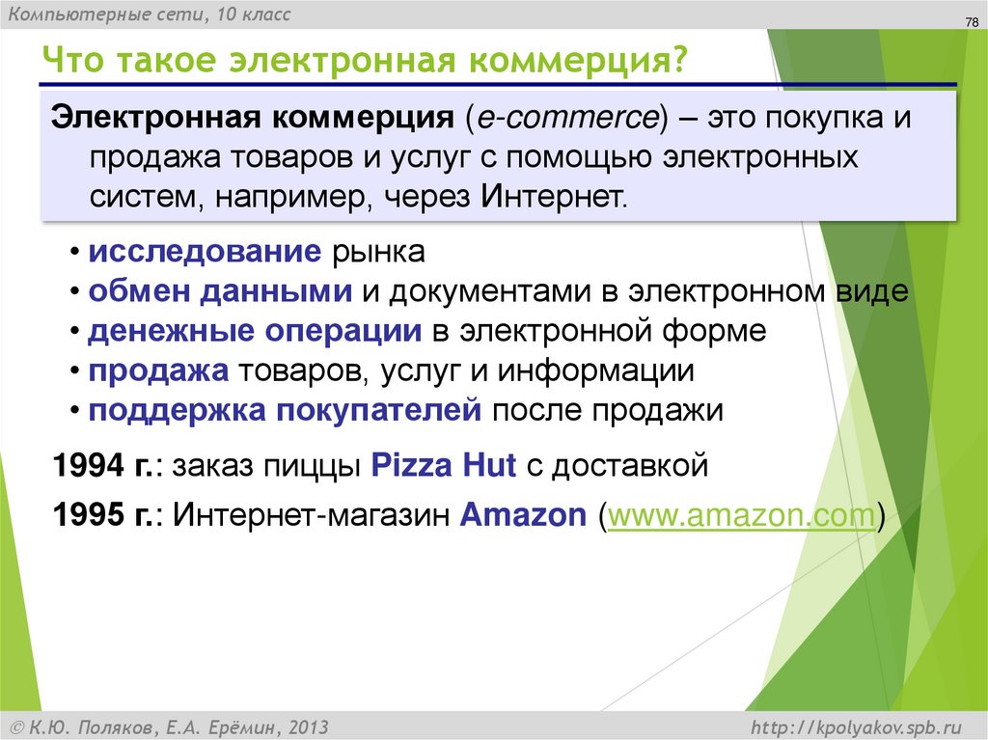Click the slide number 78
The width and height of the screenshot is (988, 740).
971,24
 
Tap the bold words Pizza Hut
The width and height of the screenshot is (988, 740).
445,467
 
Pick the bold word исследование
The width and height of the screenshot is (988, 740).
205,253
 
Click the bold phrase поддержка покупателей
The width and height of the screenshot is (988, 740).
285,410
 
